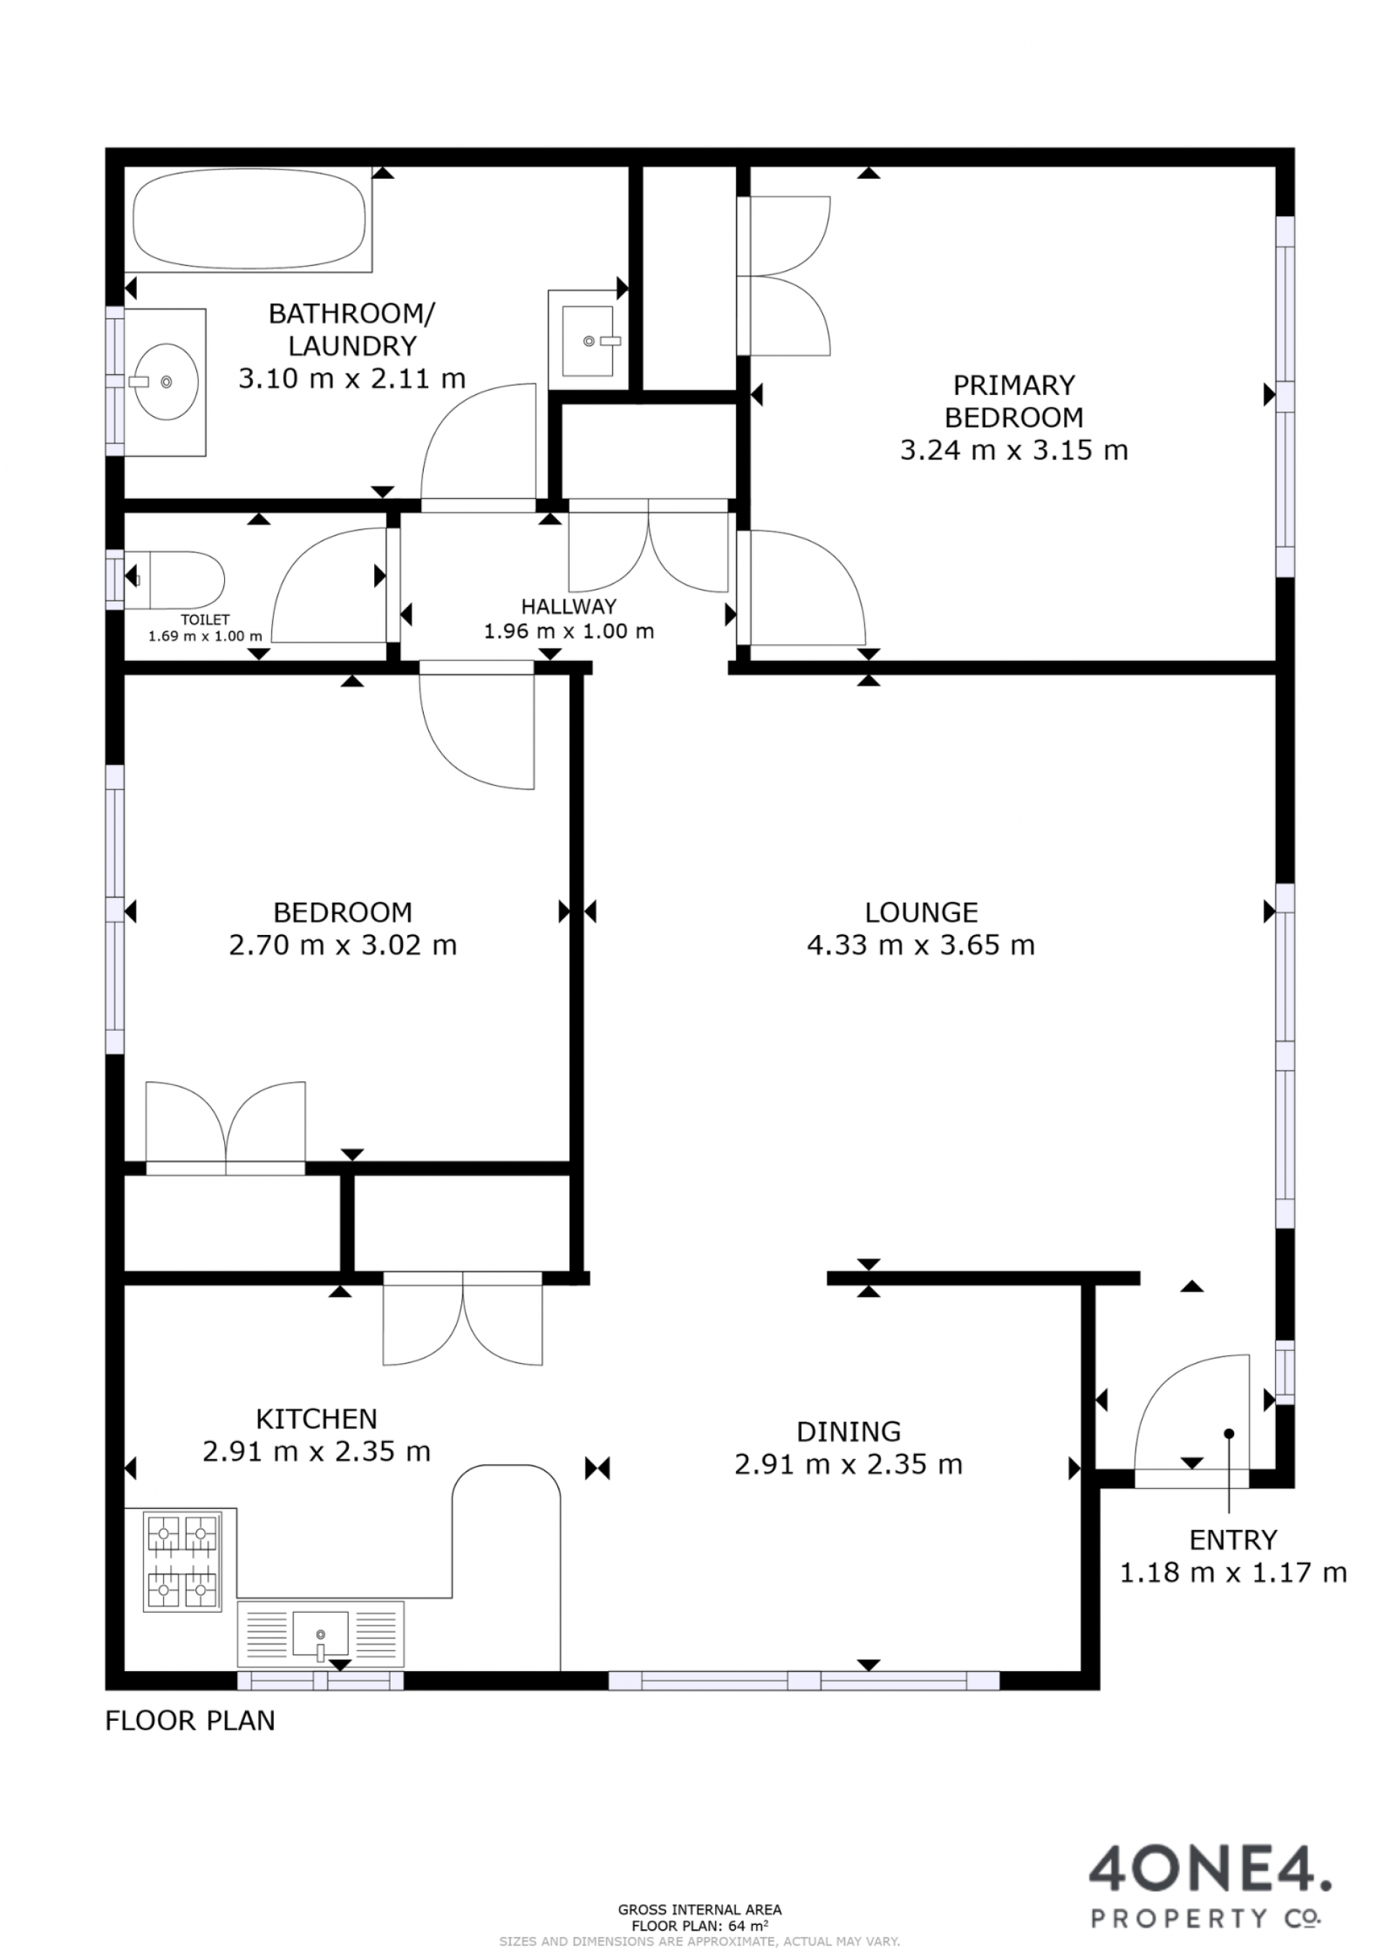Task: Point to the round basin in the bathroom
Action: (x=167, y=381)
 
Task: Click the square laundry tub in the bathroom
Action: (x=587, y=341)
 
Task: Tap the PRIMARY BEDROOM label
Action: (x=1014, y=402)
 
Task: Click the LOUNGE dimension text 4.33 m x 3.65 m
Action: (x=921, y=945)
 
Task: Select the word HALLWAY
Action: (x=569, y=606)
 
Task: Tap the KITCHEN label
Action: (x=316, y=1419)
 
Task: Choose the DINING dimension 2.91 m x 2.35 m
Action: (x=848, y=1465)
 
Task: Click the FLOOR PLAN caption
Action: (x=190, y=1721)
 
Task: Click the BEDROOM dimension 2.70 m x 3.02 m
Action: (x=343, y=945)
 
